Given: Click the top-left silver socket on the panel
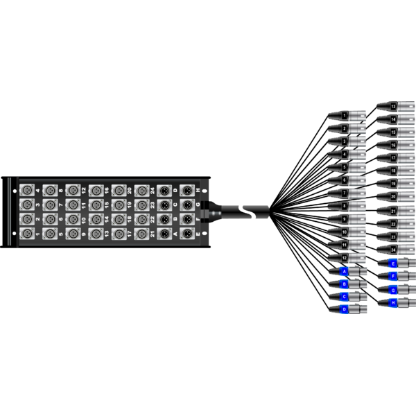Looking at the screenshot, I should pos(27,189).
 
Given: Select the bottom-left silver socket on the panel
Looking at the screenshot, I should pos(27,233).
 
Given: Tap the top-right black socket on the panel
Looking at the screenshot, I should pos(187,189).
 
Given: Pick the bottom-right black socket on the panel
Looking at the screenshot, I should pos(187,233).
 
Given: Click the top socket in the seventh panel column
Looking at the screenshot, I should pos(164,189).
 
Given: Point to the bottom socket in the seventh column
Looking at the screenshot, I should pos(164,233).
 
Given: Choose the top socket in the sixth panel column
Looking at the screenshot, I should pos(141,189).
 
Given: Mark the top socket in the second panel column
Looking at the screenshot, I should pos(50,189).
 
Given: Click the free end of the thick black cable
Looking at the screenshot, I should pos(267,211).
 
